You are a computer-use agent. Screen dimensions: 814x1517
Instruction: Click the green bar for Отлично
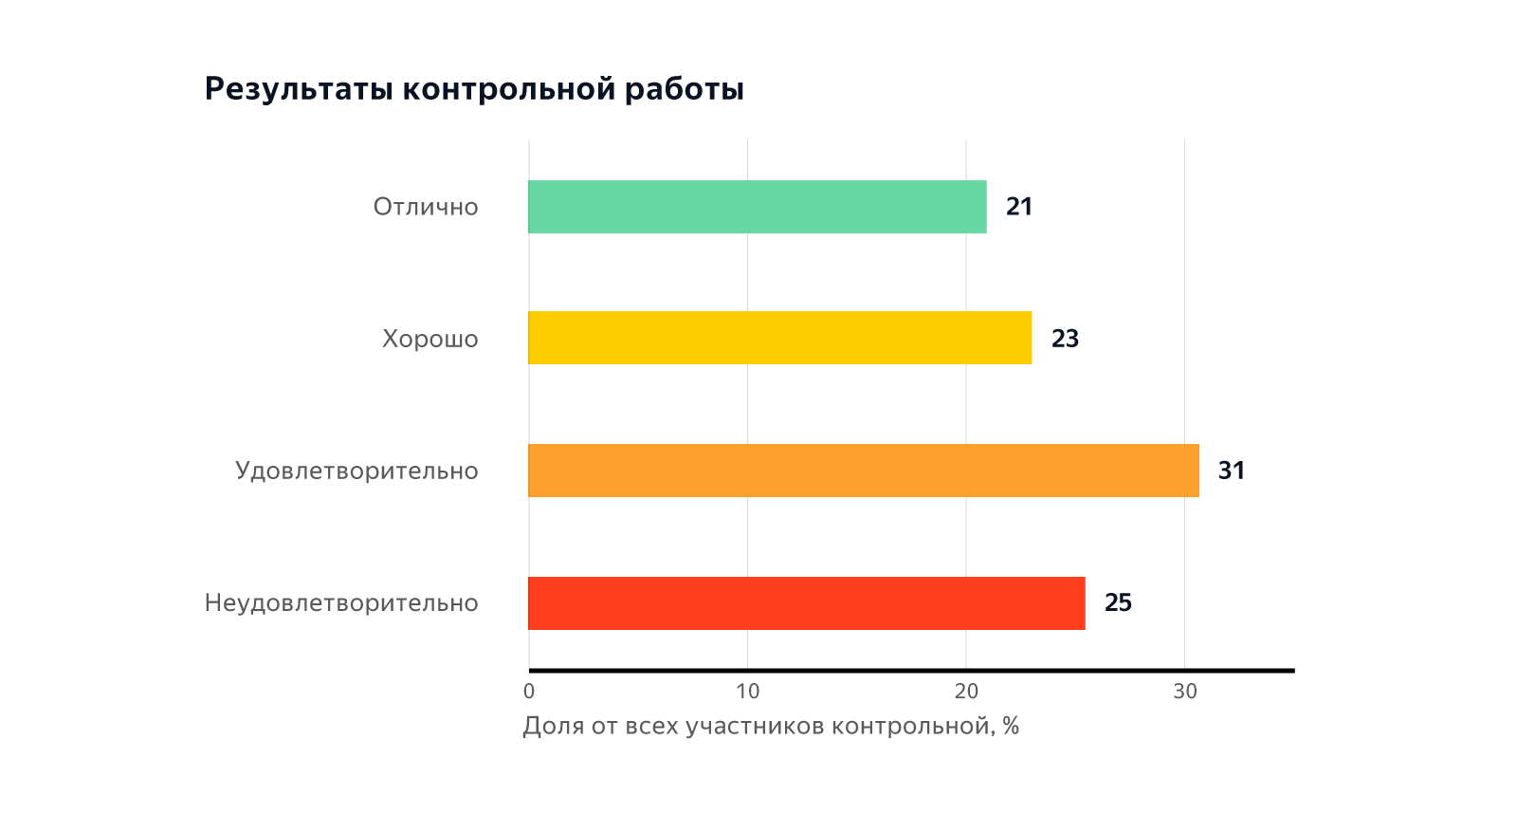click(757, 207)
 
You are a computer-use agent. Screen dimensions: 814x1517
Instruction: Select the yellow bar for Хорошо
click(779, 338)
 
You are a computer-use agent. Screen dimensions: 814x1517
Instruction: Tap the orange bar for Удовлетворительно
click(863, 471)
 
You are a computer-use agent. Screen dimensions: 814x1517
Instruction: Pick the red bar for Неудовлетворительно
click(806, 603)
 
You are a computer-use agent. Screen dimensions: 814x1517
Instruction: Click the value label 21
click(1019, 207)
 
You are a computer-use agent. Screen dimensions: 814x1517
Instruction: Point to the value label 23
click(1065, 339)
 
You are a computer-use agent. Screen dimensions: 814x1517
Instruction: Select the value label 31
click(1231, 471)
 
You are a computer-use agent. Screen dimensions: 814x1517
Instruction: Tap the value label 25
click(1118, 603)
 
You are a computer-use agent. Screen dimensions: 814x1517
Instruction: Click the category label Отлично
click(426, 207)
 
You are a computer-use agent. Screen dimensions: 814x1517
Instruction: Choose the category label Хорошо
click(430, 339)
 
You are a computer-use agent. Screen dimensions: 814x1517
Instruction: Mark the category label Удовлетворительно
click(356, 471)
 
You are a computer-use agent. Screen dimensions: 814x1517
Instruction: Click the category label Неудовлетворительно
click(341, 603)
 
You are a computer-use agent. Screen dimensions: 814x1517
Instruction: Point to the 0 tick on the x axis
click(529, 692)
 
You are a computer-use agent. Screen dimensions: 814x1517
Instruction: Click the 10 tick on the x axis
click(748, 692)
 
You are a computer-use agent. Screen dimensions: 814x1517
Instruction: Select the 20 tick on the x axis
click(966, 692)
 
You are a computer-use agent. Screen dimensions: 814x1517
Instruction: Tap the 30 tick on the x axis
click(1185, 692)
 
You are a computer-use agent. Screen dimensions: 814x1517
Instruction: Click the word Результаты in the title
click(299, 89)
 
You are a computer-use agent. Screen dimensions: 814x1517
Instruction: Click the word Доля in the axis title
click(553, 727)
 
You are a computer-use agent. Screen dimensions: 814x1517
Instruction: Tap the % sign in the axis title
click(1011, 727)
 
